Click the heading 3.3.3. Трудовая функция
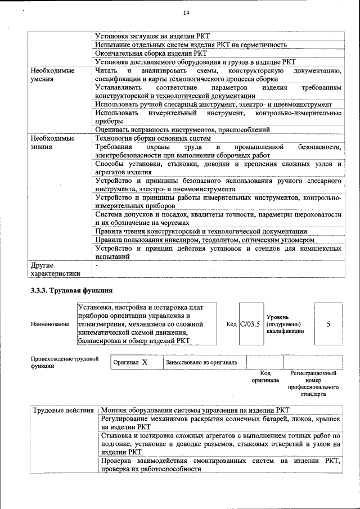tap(71, 291)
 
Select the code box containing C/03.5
tap(250, 324)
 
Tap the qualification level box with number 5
tap(328, 324)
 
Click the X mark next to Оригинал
tap(144, 362)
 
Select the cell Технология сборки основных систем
tap(153, 138)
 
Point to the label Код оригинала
tap(265, 377)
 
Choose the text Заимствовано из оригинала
tap(201, 362)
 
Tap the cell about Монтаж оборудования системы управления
tap(195, 410)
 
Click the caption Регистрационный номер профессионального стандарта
tap(313, 384)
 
